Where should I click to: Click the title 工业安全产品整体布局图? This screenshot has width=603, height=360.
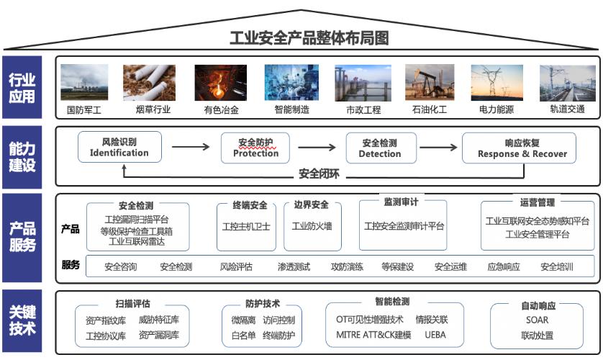[x=309, y=38]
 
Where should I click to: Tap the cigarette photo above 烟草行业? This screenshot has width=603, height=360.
[x=149, y=83]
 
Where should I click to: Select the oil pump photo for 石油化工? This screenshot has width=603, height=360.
[x=430, y=83]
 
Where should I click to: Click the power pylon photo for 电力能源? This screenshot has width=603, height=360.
[x=497, y=83]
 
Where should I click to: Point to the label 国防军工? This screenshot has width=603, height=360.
[x=84, y=110]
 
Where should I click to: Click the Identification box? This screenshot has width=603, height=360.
[x=119, y=147]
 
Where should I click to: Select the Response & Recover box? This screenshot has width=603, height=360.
[x=519, y=148]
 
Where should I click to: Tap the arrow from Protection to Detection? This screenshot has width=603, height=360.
[x=317, y=147]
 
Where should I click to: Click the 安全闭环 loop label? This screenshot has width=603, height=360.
[x=319, y=174]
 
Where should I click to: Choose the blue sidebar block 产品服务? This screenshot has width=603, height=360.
[x=22, y=238]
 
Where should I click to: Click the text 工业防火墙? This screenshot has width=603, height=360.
[x=312, y=226]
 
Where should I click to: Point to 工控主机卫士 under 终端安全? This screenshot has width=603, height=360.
[x=246, y=227]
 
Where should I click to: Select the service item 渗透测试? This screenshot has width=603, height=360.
[x=294, y=266]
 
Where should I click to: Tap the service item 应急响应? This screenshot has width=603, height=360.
[x=504, y=266]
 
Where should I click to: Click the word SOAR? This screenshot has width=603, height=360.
[x=538, y=320]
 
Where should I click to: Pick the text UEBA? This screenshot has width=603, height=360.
[x=435, y=335]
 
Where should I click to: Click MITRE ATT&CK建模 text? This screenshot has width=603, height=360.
[x=373, y=335]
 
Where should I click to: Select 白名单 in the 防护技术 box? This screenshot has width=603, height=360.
[x=243, y=336]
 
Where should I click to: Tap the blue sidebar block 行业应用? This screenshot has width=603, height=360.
[x=22, y=87]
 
